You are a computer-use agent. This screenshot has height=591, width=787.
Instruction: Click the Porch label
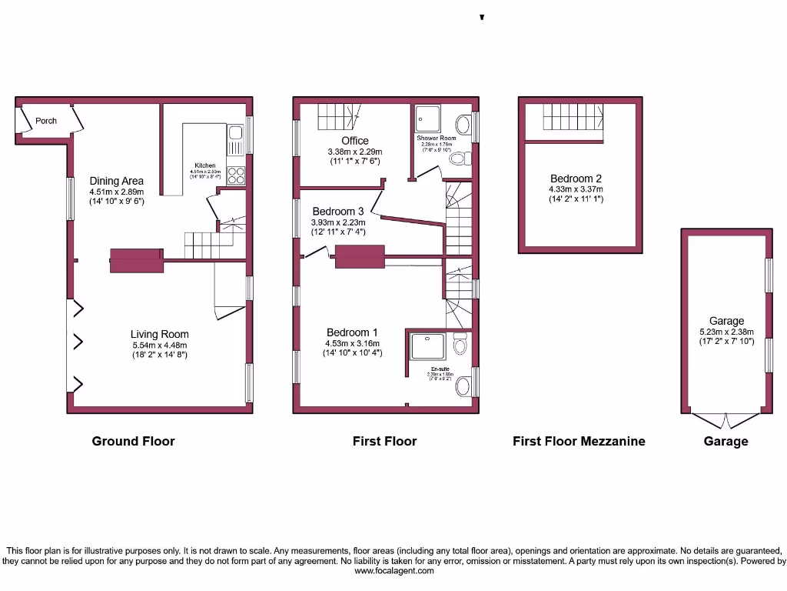[x=46, y=121]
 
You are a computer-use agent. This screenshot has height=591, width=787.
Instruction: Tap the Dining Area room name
[x=116, y=181]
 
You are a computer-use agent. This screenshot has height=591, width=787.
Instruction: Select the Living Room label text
[x=159, y=334]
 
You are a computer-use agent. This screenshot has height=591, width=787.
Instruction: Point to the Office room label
[x=355, y=141]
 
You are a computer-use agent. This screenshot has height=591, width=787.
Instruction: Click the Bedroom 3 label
[x=338, y=211]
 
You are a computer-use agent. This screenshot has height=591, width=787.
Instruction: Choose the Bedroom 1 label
[x=353, y=332]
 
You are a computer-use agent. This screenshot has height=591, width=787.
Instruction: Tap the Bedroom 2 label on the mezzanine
[x=576, y=179]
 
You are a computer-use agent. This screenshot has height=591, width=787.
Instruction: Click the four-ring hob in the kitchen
[x=236, y=176]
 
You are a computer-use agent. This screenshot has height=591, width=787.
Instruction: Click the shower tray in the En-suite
[x=427, y=346]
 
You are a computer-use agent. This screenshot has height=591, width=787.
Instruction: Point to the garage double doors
[x=726, y=420]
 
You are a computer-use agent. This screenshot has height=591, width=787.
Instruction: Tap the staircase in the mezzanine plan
[x=573, y=119]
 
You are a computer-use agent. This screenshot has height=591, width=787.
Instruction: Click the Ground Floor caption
[x=133, y=441]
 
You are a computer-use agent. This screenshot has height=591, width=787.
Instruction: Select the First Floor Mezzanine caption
[x=579, y=441]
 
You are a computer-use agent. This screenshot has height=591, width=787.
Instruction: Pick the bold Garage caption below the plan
[x=726, y=441]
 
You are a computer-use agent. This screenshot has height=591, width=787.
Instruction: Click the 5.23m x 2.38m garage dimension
[x=726, y=332]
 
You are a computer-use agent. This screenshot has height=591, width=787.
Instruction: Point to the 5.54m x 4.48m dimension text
[x=159, y=345]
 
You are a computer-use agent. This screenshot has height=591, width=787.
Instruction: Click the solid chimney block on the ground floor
[x=137, y=261]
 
